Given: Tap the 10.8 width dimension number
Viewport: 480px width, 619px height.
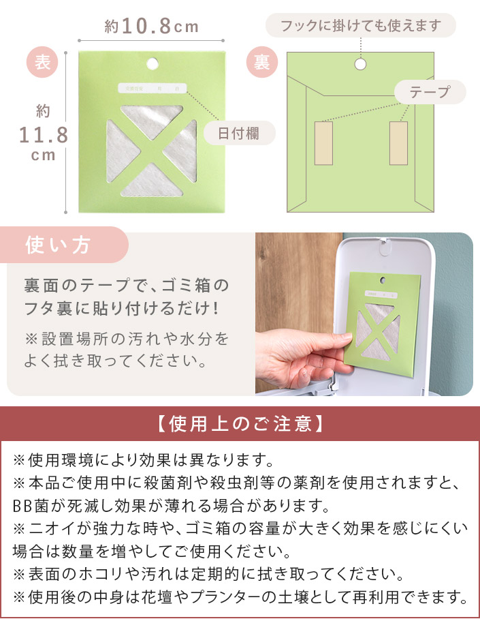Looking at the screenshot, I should (146, 27).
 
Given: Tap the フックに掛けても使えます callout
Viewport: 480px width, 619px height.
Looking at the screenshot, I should (360, 27).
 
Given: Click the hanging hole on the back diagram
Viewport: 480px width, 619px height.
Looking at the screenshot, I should (360, 63).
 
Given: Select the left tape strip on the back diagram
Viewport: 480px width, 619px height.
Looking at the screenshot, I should (323, 143).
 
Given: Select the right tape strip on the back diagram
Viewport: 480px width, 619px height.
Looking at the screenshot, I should (398, 143).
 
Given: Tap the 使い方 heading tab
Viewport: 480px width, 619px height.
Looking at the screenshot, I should (59, 245).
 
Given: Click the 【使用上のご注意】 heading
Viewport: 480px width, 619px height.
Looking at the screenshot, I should (240, 424).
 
